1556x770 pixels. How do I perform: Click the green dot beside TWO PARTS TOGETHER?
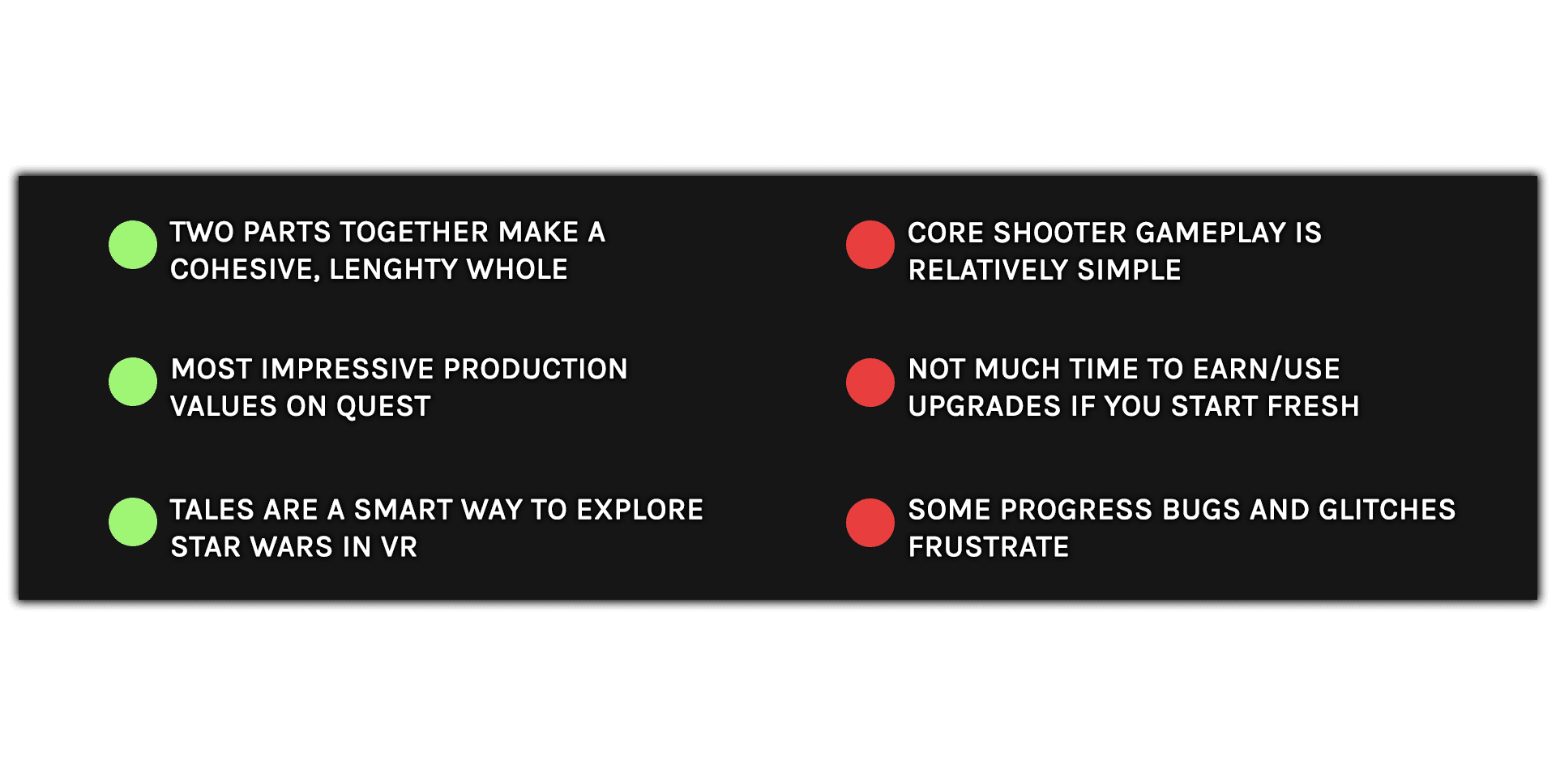point(133,245)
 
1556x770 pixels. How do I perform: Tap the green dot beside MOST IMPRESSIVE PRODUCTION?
point(133,382)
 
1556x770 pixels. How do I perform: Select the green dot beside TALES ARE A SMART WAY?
point(133,522)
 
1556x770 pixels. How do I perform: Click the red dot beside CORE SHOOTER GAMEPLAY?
point(870,245)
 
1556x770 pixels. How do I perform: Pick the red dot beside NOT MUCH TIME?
point(870,383)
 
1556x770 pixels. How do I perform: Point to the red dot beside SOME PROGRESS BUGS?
point(870,523)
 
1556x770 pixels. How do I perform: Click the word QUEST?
point(383,407)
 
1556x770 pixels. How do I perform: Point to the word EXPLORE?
point(640,510)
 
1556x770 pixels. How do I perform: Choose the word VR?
point(399,547)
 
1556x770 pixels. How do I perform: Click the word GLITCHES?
point(1387,510)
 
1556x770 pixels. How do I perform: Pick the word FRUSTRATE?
point(989,547)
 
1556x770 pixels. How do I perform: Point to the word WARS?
point(292,547)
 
